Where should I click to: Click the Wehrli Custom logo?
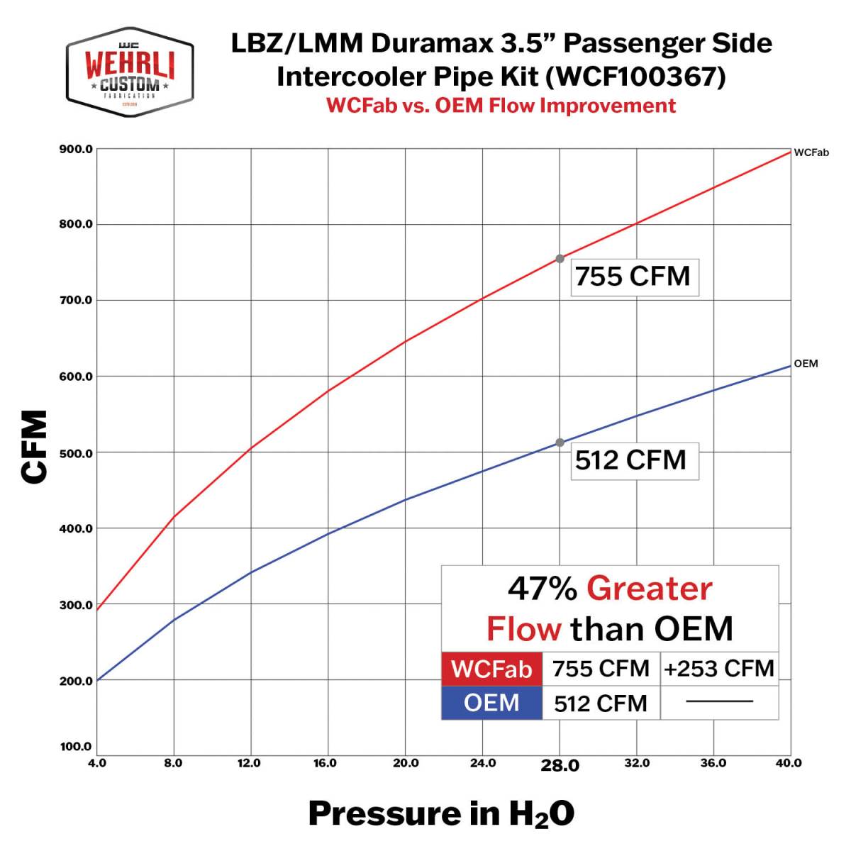pos(130,72)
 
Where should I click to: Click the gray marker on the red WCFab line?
pos(560,259)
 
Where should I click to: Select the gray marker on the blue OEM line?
pos(560,443)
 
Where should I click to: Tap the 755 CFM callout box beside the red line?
pos(633,276)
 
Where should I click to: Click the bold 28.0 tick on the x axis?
pos(560,765)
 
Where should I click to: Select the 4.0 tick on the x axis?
pos(96,763)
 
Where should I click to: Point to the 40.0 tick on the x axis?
pos(789,763)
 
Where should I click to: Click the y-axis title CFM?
pos(34,447)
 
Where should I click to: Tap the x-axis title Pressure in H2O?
pos(441,813)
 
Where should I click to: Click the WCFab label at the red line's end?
pos(811,152)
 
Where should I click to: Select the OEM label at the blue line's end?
pos(806,364)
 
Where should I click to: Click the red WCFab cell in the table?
pos(491,669)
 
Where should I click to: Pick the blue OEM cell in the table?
pos(491,703)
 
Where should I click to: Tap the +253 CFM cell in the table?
pos(719,669)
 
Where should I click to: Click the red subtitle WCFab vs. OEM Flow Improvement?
pos(501,106)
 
